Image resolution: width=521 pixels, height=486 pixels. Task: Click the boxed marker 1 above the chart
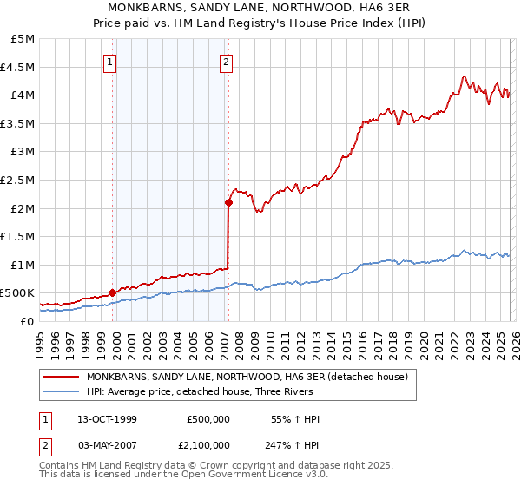112,62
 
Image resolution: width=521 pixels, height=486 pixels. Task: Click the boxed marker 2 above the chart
226,62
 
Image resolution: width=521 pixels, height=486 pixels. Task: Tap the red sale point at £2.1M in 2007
228,203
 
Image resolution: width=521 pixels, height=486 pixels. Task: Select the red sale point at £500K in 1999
112,293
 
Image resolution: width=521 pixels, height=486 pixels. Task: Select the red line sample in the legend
62,377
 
